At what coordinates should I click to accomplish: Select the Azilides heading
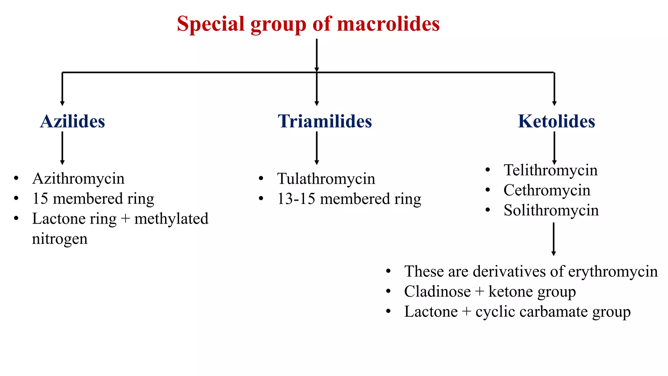coord(72,121)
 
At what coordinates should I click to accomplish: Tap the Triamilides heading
coord(325,121)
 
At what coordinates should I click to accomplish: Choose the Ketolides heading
coord(556,121)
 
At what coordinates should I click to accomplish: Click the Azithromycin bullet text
coord(78,179)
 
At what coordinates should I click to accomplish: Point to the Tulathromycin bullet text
coord(326,179)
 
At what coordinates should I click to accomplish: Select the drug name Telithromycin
coord(551,170)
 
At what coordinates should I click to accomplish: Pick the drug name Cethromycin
coord(547,190)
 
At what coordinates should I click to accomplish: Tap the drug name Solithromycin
coord(551,210)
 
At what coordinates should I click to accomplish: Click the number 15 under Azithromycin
coord(40,199)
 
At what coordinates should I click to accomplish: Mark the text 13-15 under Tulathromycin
coord(296,199)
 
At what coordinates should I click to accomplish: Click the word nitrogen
coord(60,239)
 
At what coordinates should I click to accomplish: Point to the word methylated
coord(171,219)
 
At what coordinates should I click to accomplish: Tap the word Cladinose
coord(437,291)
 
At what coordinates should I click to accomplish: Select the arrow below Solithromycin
coord(553,239)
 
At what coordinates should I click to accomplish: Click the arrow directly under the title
coord(316,55)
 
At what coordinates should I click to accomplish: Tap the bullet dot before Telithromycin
coord(488,170)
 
